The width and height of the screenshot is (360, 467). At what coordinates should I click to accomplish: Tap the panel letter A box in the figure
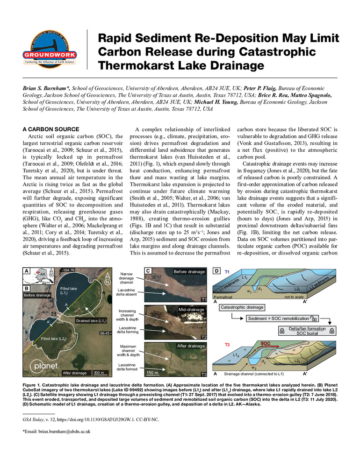click(x=28, y=270)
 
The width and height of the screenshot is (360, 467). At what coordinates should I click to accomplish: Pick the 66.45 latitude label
click(x=105, y=333)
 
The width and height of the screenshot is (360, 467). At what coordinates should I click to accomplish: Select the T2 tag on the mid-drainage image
click(x=203, y=337)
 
